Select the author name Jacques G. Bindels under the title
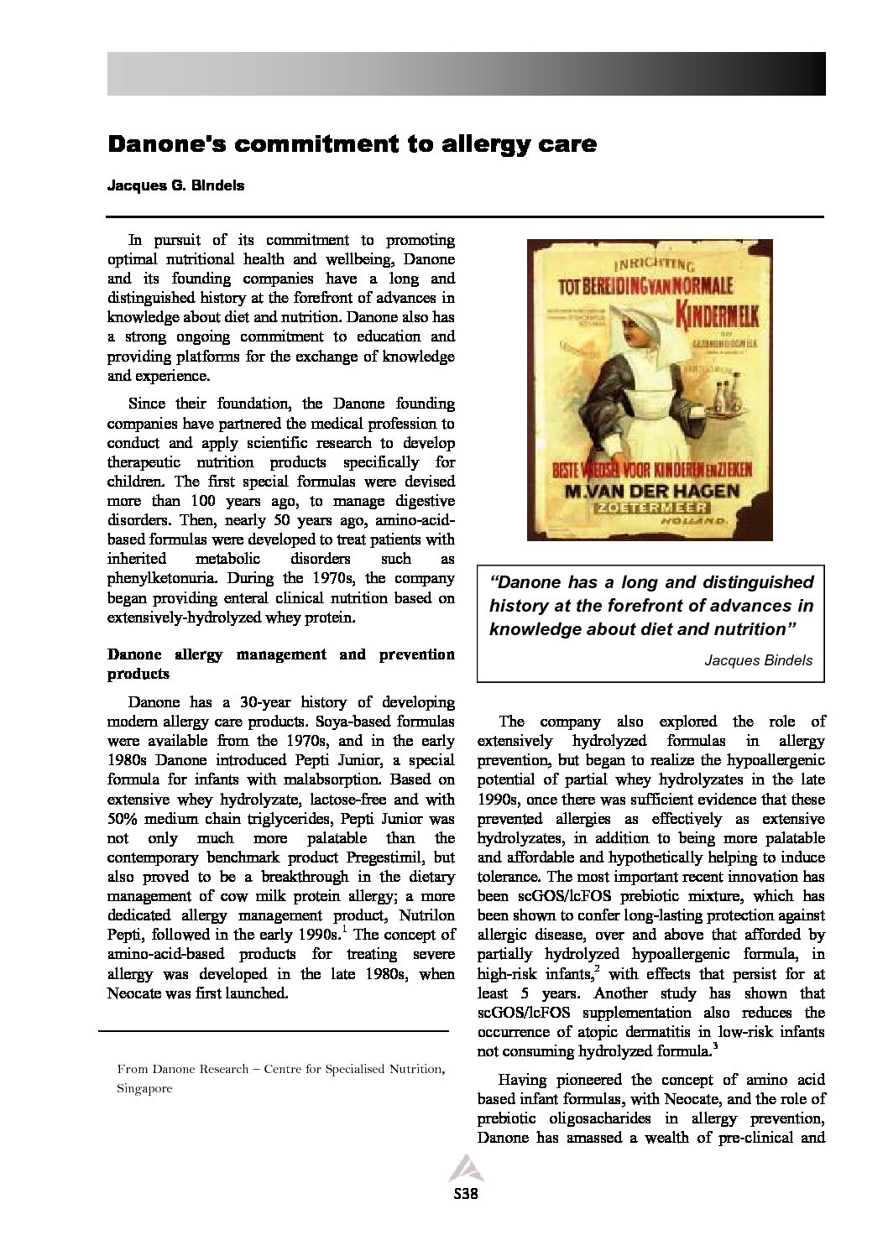(x=175, y=186)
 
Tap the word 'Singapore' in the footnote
(x=144, y=1088)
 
